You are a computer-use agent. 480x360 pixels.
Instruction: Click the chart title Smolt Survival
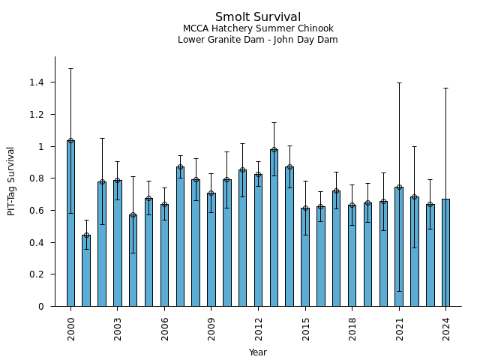pos(258,17)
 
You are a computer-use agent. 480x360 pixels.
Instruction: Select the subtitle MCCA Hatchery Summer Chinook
pos(258,28)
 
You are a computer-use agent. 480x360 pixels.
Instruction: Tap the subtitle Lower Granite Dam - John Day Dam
pos(258,40)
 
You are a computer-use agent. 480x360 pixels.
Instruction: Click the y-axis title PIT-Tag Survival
pos(11,181)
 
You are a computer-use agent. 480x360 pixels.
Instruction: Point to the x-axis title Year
pos(258,352)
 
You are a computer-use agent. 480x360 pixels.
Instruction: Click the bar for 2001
pos(86,271)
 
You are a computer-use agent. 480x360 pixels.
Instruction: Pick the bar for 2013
pos(274,228)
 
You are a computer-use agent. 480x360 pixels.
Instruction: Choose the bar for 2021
pos(399,247)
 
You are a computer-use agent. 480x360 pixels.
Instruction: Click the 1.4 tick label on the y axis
pos(37,82)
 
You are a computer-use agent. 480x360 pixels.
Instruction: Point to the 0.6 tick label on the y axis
pos(37,210)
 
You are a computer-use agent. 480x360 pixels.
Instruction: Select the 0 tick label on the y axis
pos(42,306)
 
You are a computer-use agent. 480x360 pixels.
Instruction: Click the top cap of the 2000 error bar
pos(70,68)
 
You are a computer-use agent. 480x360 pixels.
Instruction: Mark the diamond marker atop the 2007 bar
pos(180,167)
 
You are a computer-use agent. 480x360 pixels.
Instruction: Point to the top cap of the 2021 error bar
pos(399,82)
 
